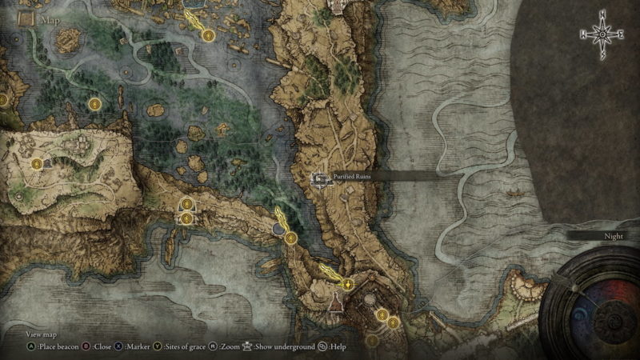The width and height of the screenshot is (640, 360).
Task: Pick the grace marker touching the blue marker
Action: (x=290, y=238)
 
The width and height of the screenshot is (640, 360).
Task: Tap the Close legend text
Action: (x=102, y=347)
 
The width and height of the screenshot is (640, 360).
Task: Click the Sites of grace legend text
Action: (x=186, y=347)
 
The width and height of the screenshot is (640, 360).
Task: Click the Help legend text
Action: (x=337, y=347)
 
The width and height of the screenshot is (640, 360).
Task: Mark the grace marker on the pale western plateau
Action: (x=37, y=163)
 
